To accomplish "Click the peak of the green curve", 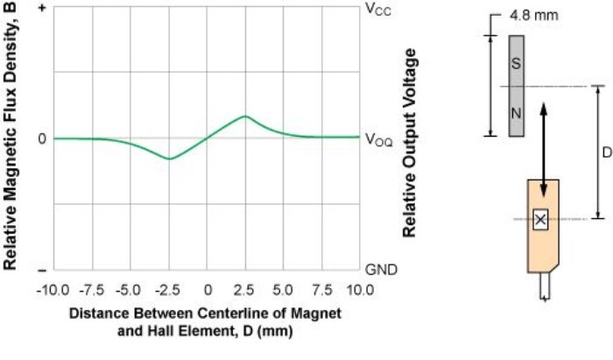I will coord(245,116).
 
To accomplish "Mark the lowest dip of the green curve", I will coord(169,159).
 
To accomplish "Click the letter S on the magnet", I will coord(516,63).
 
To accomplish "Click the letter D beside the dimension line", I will coord(606,152).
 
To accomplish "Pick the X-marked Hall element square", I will coord(540,219).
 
